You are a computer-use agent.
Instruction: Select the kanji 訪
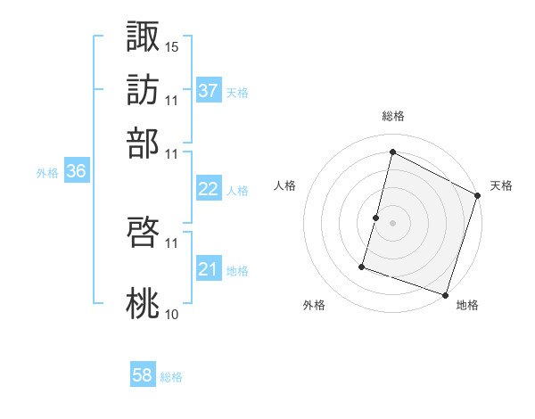[144, 89]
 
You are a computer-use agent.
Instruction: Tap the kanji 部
[144, 143]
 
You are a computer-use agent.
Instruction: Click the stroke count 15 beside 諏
[172, 45]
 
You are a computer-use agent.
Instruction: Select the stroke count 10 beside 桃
[172, 314]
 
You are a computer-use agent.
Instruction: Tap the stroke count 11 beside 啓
[172, 242]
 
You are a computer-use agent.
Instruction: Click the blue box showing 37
[209, 90]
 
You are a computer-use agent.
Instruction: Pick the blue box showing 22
[209, 189]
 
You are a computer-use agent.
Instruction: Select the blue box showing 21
[209, 269]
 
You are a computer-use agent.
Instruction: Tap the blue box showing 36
[76, 172]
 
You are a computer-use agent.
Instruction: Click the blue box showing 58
[143, 375]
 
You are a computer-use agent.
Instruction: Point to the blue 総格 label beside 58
[172, 377]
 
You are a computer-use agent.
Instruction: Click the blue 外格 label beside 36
[47, 174]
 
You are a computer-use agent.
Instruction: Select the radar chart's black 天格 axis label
[501, 185]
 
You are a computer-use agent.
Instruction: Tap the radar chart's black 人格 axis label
[285, 185]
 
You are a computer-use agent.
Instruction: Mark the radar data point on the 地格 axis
[445, 294]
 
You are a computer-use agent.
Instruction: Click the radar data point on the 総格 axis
[392, 152]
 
